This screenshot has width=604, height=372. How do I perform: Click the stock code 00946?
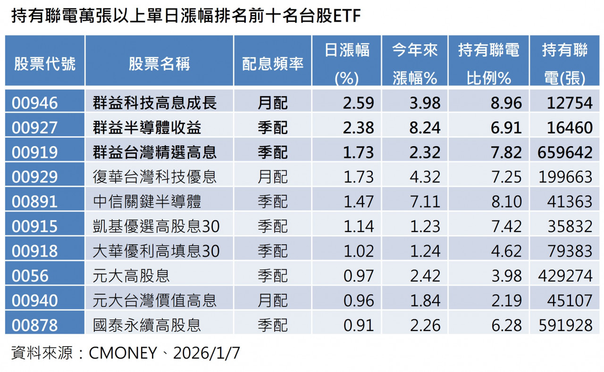34,103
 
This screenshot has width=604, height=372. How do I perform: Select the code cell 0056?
30,275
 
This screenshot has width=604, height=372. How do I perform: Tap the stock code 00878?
34,325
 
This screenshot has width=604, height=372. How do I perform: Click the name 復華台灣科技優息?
155,177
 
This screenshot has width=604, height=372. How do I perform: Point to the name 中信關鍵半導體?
147,201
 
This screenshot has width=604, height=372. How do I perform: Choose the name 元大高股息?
131,275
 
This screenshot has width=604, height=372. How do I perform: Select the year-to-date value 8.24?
425,127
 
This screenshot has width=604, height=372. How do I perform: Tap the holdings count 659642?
565,152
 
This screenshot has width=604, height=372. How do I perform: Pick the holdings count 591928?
565,325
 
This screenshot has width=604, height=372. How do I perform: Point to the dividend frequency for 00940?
272,300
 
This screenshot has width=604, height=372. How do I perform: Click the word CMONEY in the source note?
123,353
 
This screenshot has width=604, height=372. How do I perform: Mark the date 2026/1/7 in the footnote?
207,353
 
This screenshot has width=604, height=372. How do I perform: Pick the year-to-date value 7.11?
425,201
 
